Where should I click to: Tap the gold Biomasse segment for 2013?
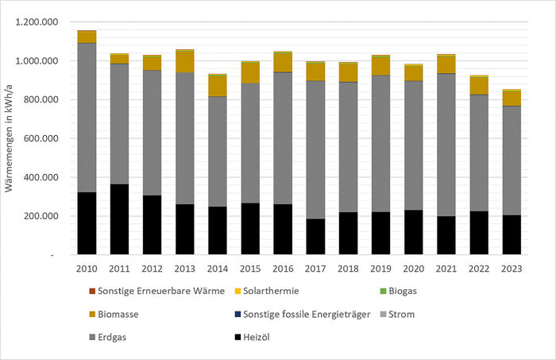tap(184, 61)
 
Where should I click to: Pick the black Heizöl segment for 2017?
tap(315, 237)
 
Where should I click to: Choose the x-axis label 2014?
tap(217, 269)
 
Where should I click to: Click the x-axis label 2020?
tap(413, 269)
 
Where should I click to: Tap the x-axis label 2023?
tap(511, 269)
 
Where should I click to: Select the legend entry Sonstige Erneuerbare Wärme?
tap(156, 292)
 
